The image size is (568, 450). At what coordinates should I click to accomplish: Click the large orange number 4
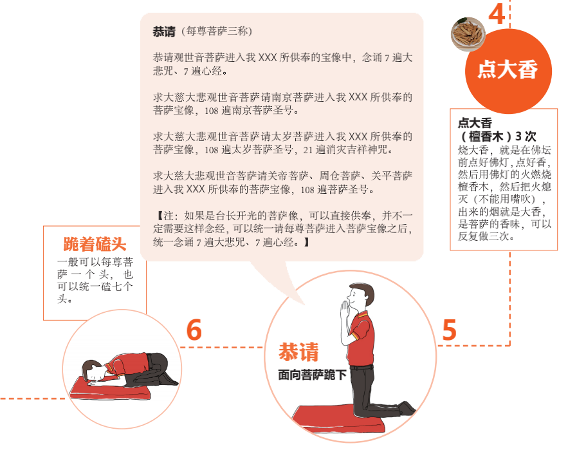[x=497, y=14]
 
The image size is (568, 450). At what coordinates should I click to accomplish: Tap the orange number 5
[x=449, y=330]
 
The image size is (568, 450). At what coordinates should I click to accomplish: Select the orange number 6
[x=194, y=330]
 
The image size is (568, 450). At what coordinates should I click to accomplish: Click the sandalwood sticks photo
[x=468, y=35]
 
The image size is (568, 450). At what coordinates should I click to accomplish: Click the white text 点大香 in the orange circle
[x=508, y=70]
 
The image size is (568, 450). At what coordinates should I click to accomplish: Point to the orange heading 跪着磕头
[x=95, y=244]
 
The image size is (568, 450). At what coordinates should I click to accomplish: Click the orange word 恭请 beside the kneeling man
[x=298, y=352]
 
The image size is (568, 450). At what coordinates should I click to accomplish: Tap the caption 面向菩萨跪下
[x=312, y=375]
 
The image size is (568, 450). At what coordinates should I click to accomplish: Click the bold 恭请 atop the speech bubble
[x=164, y=32]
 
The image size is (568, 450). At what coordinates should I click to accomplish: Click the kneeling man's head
[x=360, y=296]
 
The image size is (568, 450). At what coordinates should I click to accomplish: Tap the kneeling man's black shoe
[x=407, y=408]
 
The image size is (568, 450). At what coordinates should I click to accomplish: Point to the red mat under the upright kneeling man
[x=339, y=418]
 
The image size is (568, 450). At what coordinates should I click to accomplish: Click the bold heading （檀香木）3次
[x=497, y=136]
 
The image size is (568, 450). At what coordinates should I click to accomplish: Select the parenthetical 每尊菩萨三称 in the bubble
[x=217, y=32]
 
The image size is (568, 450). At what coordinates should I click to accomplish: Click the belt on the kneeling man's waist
[x=361, y=367]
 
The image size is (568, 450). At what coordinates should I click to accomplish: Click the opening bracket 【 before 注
[x=158, y=216]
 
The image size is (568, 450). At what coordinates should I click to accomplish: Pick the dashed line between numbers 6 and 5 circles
[x=223, y=348]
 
